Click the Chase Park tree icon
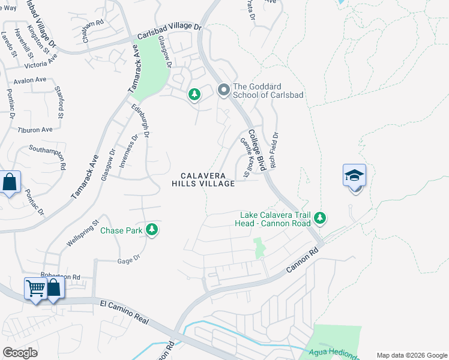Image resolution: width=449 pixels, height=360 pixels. [x=152, y=229]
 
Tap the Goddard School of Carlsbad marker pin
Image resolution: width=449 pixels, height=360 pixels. [x=224, y=90]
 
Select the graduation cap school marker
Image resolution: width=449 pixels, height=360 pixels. [x=354, y=176]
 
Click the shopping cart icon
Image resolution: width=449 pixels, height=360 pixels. [x=35, y=289]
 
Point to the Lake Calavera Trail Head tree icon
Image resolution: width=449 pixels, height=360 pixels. [x=320, y=218]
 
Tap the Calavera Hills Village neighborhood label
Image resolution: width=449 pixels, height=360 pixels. [x=204, y=179]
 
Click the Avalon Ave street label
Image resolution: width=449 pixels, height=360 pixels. [x=30, y=80]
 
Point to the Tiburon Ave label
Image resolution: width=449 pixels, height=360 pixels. [x=35, y=130]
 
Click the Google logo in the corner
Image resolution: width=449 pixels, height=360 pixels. [x=20, y=353]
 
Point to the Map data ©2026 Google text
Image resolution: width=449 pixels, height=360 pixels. [x=411, y=355]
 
